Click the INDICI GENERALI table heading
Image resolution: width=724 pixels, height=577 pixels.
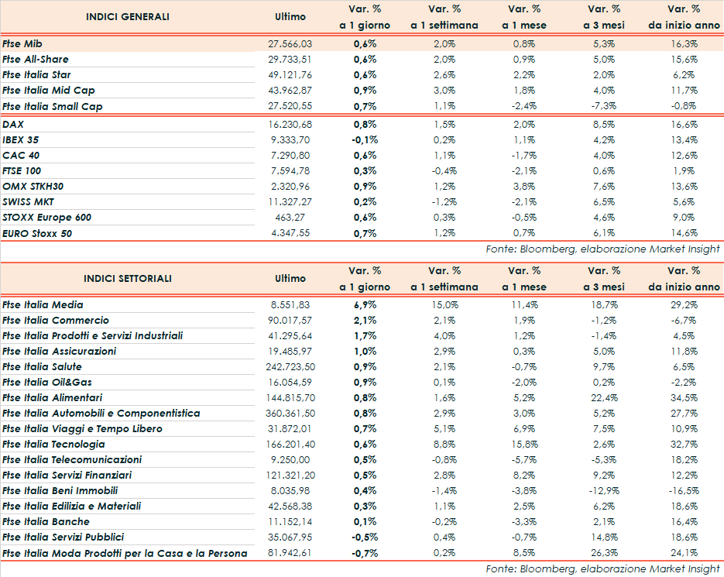[x=128, y=17]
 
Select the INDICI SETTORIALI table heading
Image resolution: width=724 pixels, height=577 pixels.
[x=128, y=279]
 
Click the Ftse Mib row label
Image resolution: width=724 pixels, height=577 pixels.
[x=22, y=44]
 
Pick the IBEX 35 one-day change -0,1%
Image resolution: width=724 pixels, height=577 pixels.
[x=365, y=139]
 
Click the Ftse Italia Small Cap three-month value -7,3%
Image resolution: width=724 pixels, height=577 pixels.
[x=604, y=106]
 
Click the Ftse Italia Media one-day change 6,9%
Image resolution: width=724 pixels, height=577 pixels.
[x=365, y=305]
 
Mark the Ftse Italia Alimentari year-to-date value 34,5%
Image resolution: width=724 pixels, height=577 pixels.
[x=684, y=398]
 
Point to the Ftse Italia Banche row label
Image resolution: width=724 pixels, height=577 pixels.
[x=46, y=522]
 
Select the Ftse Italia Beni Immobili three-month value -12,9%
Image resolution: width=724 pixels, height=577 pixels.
[x=602, y=491]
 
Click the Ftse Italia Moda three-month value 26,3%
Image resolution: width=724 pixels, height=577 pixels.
[x=604, y=553]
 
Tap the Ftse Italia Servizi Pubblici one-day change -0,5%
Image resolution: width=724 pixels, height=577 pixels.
[x=365, y=538]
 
